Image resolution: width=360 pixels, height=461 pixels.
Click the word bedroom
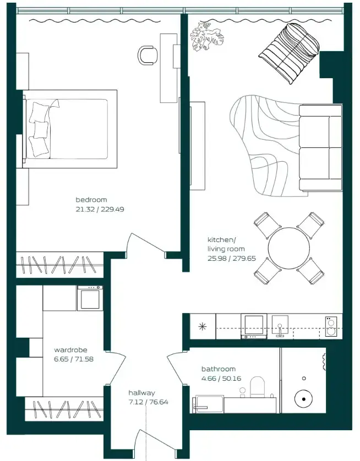coord(91,200)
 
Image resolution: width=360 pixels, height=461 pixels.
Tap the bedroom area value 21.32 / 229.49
coord(100,210)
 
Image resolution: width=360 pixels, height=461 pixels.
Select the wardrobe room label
coord(70,350)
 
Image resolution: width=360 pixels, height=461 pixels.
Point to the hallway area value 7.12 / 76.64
coord(148,402)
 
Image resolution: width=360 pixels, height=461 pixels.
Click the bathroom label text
coord(219,369)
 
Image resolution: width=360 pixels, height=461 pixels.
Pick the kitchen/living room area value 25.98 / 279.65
coord(232,259)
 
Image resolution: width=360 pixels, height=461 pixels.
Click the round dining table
coord(289,248)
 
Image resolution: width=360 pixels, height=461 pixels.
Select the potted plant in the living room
coord(207,35)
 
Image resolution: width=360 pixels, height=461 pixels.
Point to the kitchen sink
coord(280,326)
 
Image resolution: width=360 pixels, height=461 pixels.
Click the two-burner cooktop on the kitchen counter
coord(331,326)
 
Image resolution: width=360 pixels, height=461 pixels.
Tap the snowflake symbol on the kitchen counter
coord(203,327)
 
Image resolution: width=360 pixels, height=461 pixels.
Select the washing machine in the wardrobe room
coord(90,298)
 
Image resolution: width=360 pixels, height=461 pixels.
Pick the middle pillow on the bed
coord(41,130)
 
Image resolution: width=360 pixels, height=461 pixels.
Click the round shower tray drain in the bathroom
coord(304,399)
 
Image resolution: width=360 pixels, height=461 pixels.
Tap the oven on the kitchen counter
coord(254,326)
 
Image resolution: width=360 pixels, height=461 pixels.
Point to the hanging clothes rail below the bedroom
coord(59,265)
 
